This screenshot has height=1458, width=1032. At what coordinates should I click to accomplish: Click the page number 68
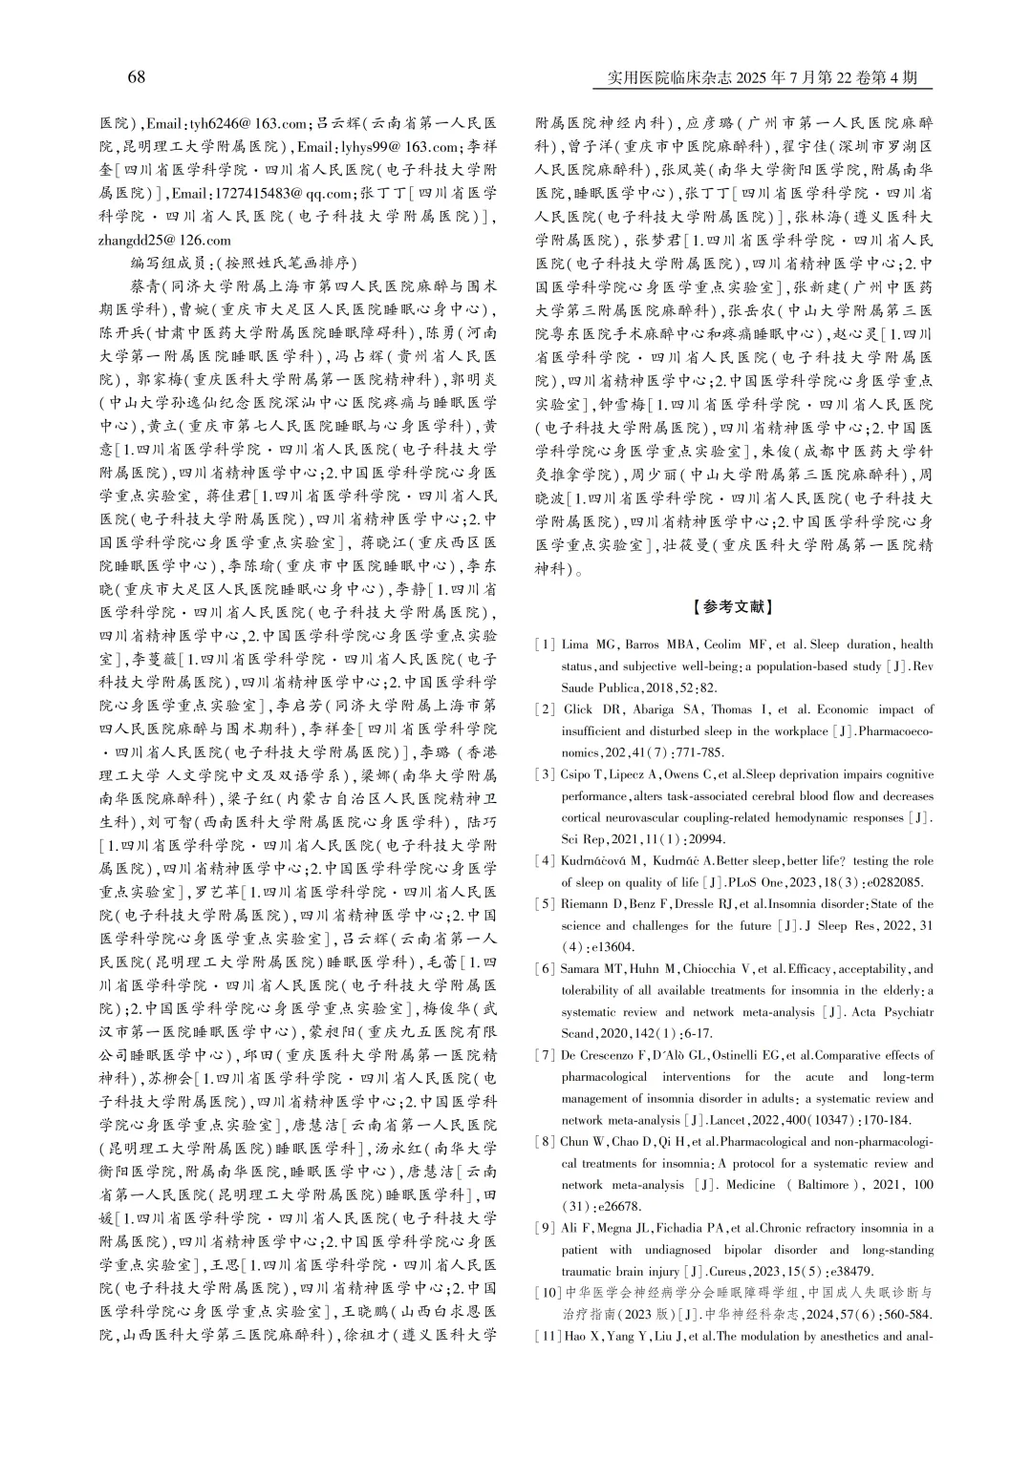[x=136, y=77]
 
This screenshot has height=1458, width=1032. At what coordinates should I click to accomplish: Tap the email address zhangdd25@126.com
[x=165, y=241]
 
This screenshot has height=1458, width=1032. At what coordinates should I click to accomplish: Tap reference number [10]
[x=547, y=1293]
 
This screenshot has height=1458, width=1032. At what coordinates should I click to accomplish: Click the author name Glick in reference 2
[x=578, y=709]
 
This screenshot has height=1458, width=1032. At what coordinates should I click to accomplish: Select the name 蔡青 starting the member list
[x=144, y=286]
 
